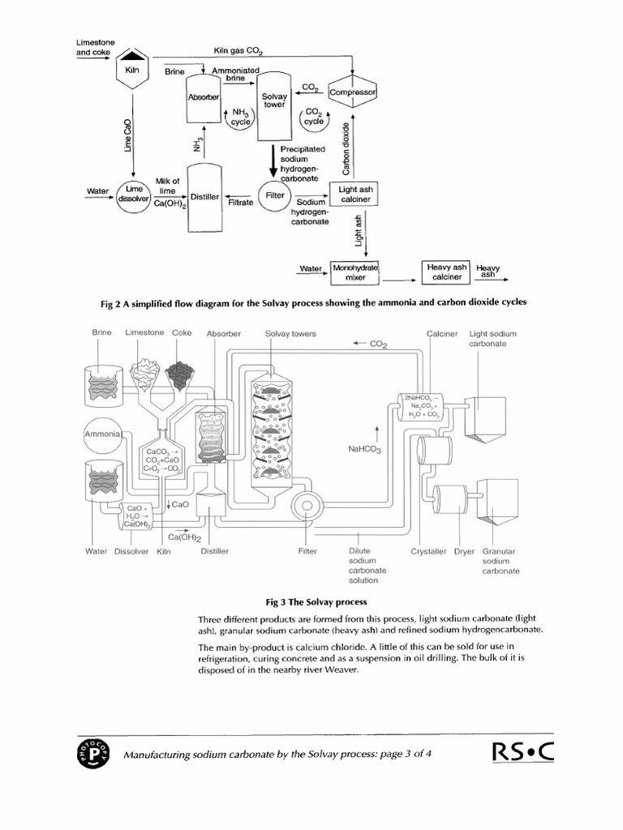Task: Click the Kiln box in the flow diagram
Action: (x=133, y=71)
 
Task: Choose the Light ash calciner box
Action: (x=354, y=195)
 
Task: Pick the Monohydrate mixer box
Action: (x=355, y=272)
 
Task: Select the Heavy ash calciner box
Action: (x=446, y=271)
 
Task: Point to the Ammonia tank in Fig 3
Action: (x=101, y=435)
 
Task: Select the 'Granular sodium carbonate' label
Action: (x=501, y=561)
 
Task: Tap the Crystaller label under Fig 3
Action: (x=428, y=551)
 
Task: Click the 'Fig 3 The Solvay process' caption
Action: (x=316, y=602)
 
